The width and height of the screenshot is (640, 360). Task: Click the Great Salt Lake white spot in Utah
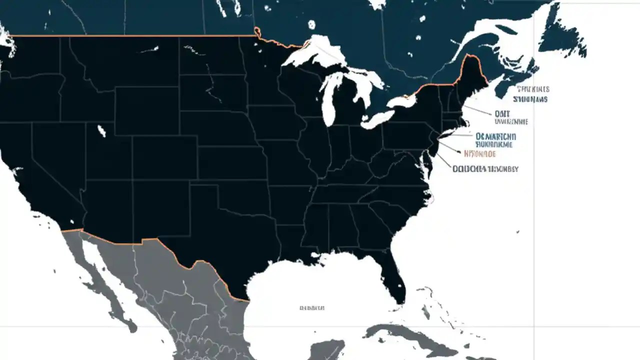tap(102, 131)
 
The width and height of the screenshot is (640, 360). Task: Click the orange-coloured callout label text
tap(480, 154)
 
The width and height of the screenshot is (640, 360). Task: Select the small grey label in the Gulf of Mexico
tap(312, 308)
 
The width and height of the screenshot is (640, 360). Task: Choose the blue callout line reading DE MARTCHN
tap(496, 136)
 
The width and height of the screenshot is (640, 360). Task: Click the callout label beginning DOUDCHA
tap(485, 169)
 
